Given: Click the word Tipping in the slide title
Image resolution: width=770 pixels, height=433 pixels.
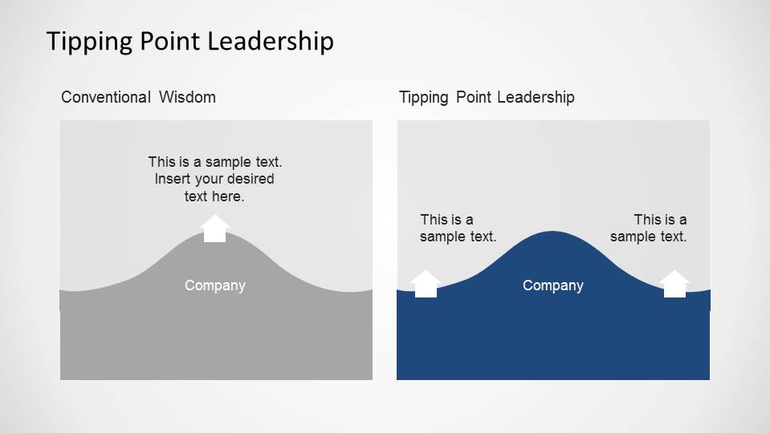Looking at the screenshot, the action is (x=90, y=42).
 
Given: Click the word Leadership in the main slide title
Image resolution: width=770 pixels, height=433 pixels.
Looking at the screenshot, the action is (x=271, y=40).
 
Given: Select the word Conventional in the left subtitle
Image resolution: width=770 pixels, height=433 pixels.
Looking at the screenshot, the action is (x=105, y=97).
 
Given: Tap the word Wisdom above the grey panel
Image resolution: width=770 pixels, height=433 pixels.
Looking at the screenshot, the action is (x=187, y=97).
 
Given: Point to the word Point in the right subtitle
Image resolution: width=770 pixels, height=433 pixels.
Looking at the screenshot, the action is (x=474, y=97).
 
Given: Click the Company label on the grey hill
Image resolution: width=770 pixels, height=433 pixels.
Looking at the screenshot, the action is (x=215, y=286).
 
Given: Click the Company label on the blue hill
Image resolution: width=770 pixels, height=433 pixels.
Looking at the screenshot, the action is (x=553, y=286).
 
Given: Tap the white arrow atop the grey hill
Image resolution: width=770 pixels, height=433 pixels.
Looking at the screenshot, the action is (x=214, y=229).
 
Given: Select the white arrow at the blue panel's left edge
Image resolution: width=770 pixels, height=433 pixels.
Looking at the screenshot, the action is (x=426, y=283).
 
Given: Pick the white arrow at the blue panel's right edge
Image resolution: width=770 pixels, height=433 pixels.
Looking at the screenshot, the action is (x=674, y=283).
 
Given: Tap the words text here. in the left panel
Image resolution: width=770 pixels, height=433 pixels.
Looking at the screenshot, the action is (x=214, y=196).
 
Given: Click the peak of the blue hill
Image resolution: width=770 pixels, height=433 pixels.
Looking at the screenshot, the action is (x=553, y=232).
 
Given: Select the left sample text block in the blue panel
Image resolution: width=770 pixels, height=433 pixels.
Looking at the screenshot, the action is (x=458, y=228).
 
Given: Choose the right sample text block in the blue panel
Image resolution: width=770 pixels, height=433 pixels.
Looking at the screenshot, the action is (x=648, y=228).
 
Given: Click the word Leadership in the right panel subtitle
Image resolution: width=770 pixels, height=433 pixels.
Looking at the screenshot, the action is (x=536, y=97).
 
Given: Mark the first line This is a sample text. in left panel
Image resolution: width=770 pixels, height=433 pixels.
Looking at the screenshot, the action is (x=215, y=162).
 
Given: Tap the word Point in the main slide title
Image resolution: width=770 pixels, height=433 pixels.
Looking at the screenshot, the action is (x=170, y=41).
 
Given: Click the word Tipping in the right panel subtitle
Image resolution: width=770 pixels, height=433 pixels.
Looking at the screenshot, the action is (x=424, y=98).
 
